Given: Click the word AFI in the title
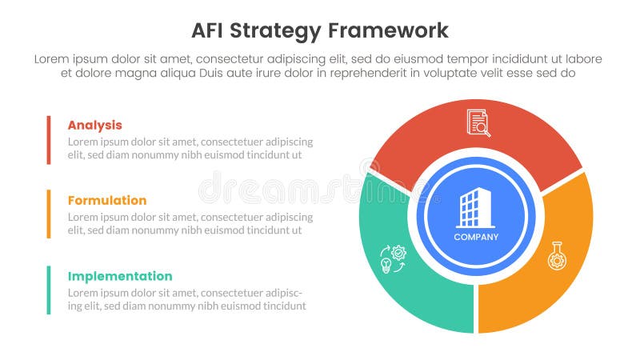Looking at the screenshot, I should click(x=210, y=31).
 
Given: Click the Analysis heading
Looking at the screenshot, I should click(x=94, y=125).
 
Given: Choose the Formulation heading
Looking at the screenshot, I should click(x=107, y=200).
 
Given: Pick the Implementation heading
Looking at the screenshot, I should click(x=120, y=276).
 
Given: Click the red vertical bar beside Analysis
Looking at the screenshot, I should click(x=49, y=139).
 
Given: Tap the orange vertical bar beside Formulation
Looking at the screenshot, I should click(x=49, y=214).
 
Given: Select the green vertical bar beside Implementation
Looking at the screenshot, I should click(x=49, y=290).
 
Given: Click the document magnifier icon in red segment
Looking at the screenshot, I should click(x=478, y=122).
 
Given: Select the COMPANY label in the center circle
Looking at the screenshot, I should click(x=476, y=237).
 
